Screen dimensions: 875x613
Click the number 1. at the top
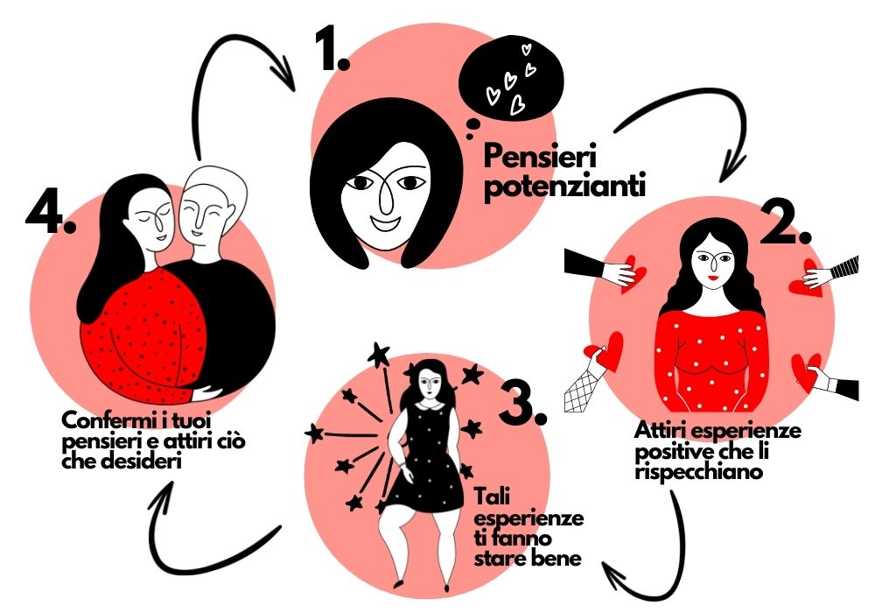tap(332, 50)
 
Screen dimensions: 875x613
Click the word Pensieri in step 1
tap(540, 157)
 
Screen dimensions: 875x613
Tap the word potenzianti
tap(564, 187)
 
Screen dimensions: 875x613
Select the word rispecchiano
tap(698, 472)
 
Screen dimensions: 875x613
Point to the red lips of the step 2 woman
tap(713, 278)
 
